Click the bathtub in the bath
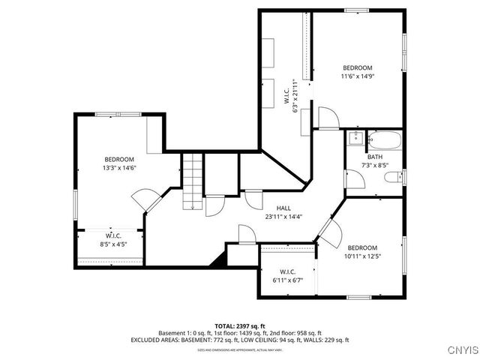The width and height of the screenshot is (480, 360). pos(383,139)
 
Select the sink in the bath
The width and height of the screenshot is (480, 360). pos(355,138)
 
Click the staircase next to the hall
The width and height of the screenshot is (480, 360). pos(193,180)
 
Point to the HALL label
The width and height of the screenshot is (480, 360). pos(283,208)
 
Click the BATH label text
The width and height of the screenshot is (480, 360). pos(374,157)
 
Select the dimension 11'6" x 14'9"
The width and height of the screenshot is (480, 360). pos(357,76)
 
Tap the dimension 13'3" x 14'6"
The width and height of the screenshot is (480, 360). pos(119,168)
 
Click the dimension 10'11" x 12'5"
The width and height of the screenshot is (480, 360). pos(362,256)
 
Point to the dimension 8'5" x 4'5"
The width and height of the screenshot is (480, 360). pos(114,244)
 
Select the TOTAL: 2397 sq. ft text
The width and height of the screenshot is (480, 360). pos(240,326)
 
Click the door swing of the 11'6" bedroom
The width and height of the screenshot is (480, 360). pos(328,118)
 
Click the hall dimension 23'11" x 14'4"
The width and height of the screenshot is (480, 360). pos(283,217)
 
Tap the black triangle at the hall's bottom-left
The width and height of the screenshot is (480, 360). pos(219,260)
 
